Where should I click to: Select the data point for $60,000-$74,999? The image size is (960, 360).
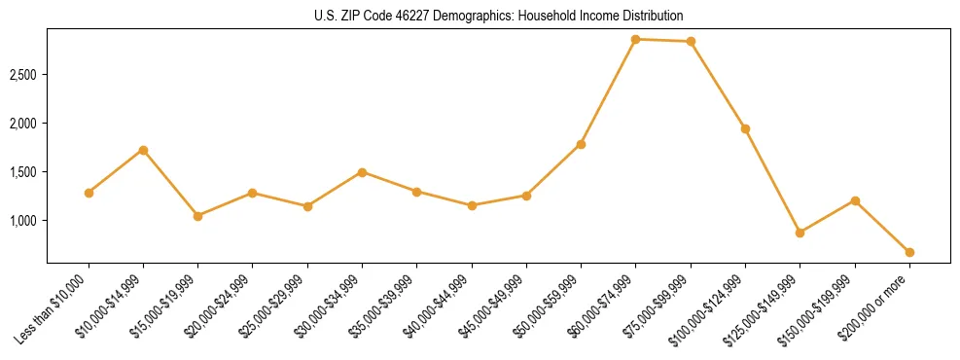click(x=636, y=39)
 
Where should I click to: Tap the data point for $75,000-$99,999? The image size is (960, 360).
click(x=691, y=41)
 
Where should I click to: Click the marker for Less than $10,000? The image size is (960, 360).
click(x=89, y=193)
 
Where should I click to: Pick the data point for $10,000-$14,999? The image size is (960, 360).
click(x=143, y=150)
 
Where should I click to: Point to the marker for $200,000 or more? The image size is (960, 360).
click(x=909, y=252)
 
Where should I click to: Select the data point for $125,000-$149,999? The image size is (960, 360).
click(x=800, y=233)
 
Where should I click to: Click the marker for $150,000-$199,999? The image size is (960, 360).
click(x=855, y=200)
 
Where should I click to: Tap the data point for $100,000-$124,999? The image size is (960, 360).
click(x=745, y=128)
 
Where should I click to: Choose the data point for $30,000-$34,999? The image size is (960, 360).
click(x=362, y=172)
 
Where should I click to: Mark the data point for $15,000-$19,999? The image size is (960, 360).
click(x=197, y=216)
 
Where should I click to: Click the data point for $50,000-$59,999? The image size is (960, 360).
click(x=581, y=144)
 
